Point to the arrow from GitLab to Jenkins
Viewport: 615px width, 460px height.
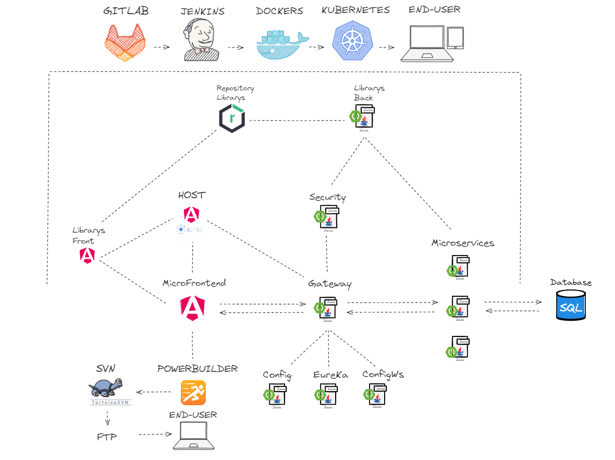pos(162,47)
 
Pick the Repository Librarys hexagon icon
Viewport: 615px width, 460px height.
pos(232,119)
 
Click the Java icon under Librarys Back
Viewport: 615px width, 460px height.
pos(364,117)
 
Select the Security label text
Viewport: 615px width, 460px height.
pos(327,197)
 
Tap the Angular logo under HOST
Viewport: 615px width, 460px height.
pos(191,214)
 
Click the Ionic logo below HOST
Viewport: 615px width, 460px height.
pos(190,229)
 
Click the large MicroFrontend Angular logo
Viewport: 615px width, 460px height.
pos(192,307)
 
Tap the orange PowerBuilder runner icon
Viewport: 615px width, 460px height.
pos(193,392)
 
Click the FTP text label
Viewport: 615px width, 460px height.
pos(107,436)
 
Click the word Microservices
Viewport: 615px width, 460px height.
pos(463,243)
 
